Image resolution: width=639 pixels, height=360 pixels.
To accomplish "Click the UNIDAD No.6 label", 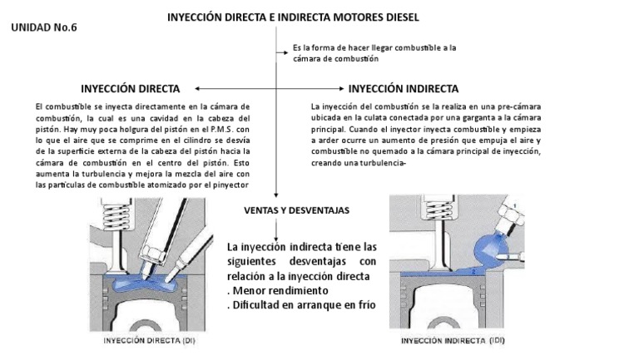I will [x=44, y=27].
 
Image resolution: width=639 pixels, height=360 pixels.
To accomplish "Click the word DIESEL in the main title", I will [x=397, y=17].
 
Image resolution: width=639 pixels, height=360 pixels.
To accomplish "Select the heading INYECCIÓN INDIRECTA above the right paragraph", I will [x=404, y=88].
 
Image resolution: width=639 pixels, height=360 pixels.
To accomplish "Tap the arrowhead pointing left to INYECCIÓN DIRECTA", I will [x=197, y=88].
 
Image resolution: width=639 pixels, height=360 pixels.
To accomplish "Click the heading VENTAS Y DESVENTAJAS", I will [x=296, y=210].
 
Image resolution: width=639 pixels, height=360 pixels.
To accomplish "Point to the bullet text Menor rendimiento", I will [x=278, y=290].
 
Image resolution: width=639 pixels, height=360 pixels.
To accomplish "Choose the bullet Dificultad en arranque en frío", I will [x=300, y=304].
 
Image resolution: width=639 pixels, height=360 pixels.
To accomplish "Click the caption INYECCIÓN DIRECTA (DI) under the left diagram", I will [x=150, y=340].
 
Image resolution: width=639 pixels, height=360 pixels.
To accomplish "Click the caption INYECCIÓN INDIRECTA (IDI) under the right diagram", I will [x=453, y=341].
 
